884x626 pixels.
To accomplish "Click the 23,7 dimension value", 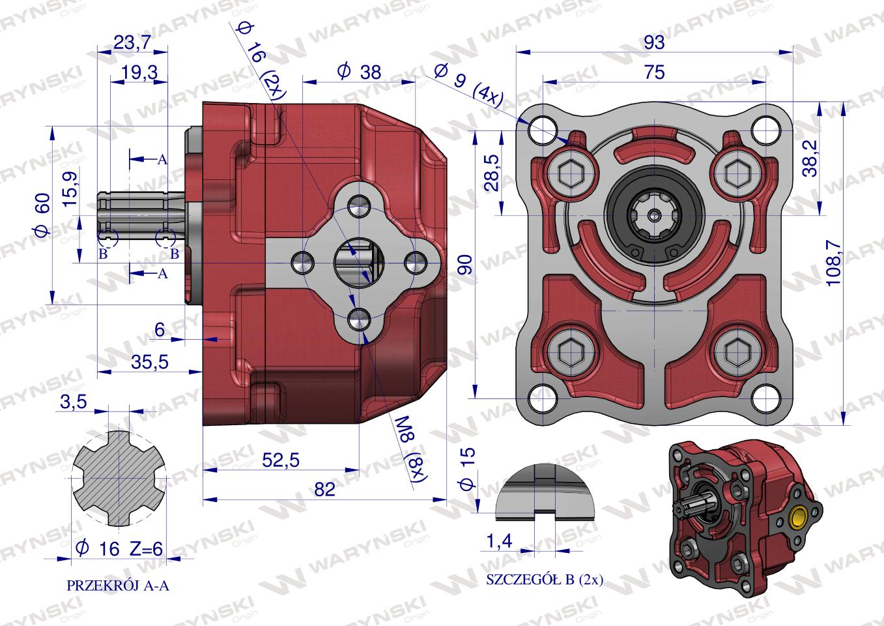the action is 132,42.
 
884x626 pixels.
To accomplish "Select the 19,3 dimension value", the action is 139,72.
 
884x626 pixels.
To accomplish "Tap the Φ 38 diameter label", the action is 360,72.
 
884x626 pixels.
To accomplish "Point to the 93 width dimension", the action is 654,42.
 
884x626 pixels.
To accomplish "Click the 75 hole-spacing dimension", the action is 654,72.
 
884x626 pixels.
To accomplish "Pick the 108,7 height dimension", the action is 833,263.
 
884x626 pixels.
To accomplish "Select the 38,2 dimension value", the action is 810,158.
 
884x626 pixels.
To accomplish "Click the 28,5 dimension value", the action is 493,173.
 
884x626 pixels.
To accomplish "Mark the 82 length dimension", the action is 324,490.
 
